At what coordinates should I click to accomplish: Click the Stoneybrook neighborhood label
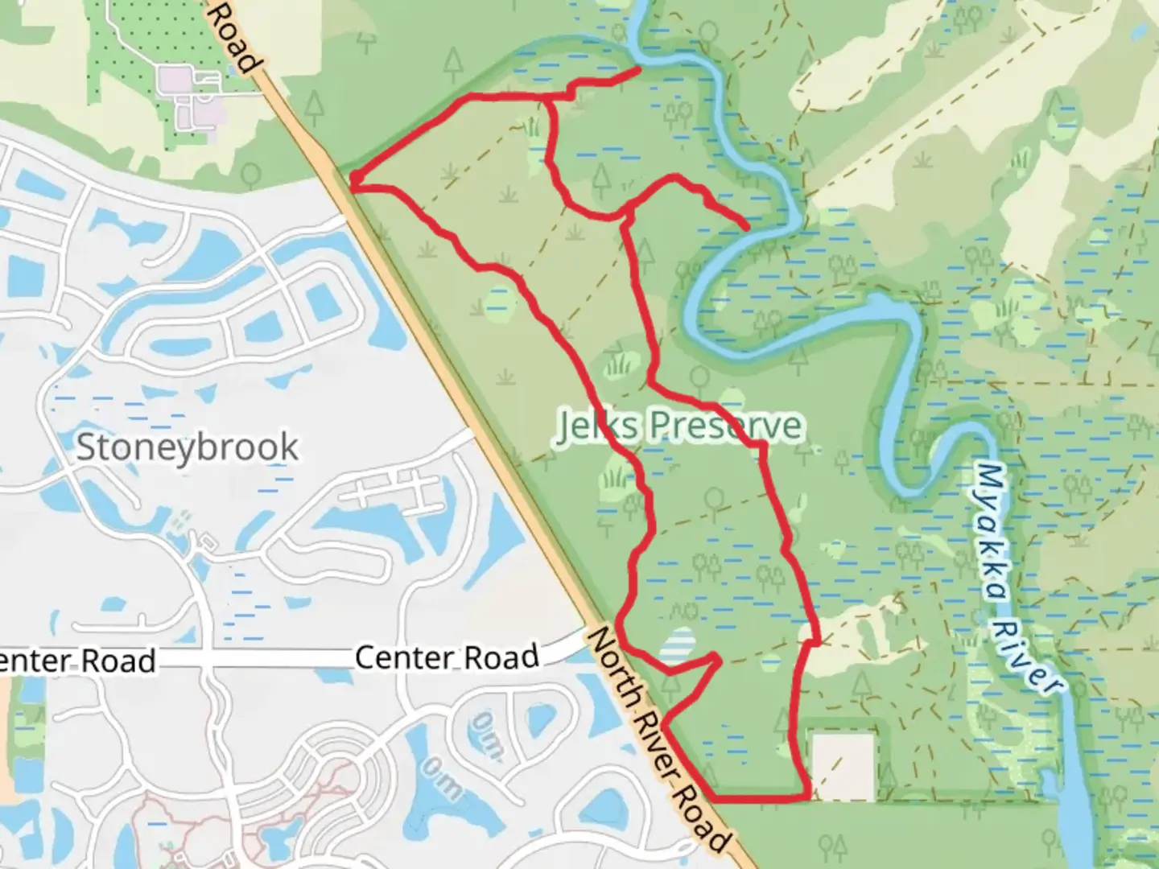[187, 447]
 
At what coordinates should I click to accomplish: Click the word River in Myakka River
[1032, 655]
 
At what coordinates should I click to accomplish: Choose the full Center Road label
[447, 657]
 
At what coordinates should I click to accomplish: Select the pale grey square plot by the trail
[843, 766]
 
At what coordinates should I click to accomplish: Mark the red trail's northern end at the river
[639, 70]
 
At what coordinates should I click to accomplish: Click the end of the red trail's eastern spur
[748, 228]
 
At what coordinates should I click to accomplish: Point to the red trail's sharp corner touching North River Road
[353, 183]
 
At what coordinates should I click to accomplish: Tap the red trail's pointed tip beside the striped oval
[716, 657]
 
